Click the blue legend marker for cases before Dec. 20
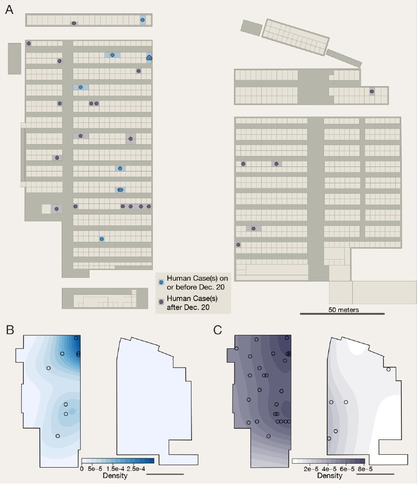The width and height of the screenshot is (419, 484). (x=161, y=282)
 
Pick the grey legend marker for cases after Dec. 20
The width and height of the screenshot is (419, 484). (x=161, y=302)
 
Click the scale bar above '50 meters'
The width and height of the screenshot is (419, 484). (x=342, y=314)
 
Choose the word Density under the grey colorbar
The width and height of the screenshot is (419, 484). (x=328, y=476)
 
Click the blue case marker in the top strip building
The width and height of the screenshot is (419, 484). (x=143, y=20)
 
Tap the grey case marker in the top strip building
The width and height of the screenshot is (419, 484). (x=74, y=23)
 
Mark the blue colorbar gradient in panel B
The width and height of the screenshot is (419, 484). (x=118, y=461)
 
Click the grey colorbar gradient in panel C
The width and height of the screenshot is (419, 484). (x=328, y=461)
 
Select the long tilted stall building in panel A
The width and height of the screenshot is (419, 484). (x=296, y=37)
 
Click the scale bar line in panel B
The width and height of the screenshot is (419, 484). (x=165, y=474)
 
